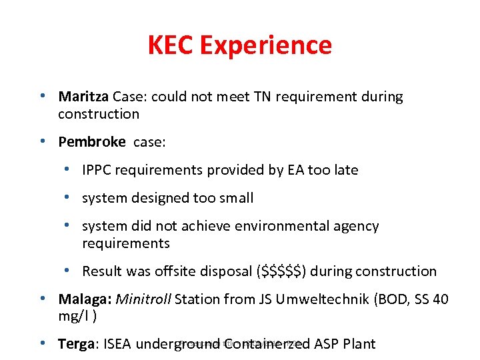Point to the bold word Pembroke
pyautogui.click(x=92, y=142)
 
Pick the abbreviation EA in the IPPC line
pyautogui.click(x=296, y=170)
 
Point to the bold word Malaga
pyautogui.click(x=85, y=299)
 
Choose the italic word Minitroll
pyautogui.click(x=143, y=299)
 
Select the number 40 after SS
pyautogui.click(x=440, y=299)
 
